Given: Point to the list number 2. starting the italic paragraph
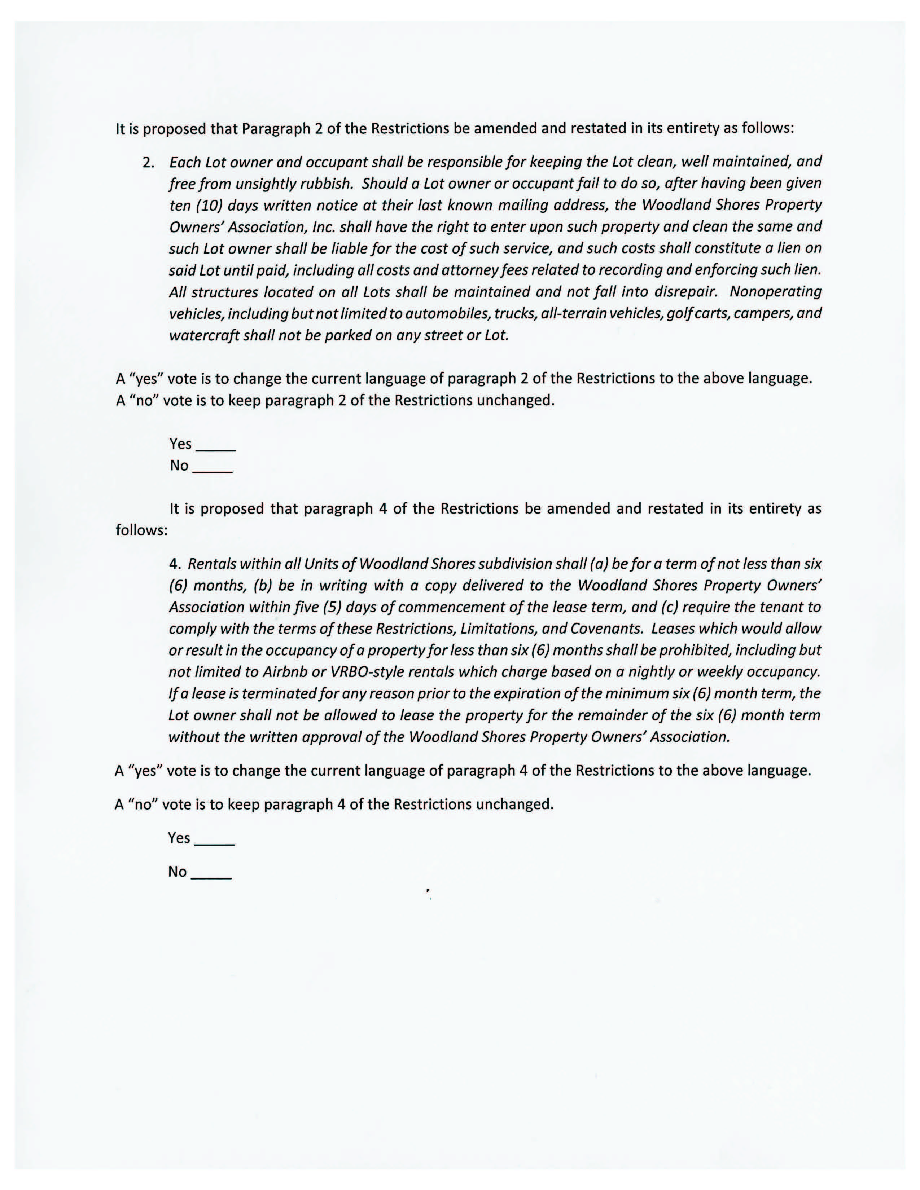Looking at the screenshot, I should click(149, 162).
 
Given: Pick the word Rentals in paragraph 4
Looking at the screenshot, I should click(211, 564).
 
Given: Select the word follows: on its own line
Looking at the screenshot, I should click(142, 530).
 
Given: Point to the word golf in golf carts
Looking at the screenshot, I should click(678, 313).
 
